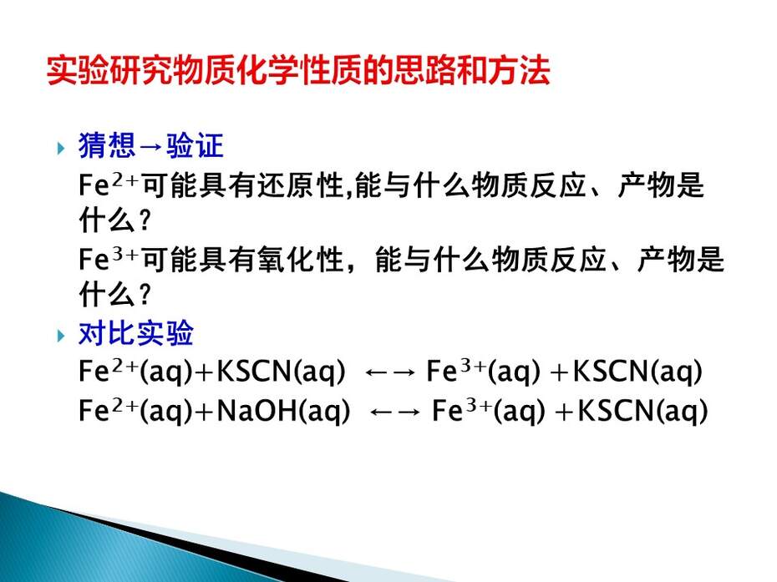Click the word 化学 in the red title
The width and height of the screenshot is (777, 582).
(x=267, y=70)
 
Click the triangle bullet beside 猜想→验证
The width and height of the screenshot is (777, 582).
(x=61, y=148)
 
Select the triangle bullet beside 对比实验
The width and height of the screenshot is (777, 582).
(x=61, y=336)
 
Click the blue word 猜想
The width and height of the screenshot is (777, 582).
(x=107, y=146)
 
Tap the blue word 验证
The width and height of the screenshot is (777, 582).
(x=195, y=146)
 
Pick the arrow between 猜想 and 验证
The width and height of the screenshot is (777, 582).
(x=150, y=147)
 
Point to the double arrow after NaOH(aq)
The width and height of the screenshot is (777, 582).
(x=395, y=412)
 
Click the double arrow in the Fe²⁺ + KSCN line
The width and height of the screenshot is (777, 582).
(x=390, y=372)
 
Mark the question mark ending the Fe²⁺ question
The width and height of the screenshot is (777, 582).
(x=145, y=221)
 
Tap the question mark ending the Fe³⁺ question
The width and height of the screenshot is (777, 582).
(x=145, y=295)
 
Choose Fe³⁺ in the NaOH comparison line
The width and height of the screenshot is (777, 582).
(x=462, y=410)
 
